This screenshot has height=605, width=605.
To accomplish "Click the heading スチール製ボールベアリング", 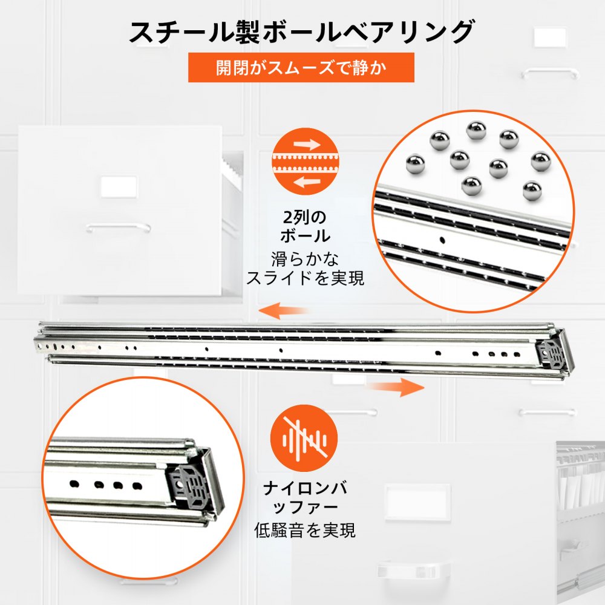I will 301,31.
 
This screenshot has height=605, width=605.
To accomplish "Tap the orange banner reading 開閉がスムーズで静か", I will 301,67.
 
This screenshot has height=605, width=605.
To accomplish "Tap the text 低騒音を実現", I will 305,531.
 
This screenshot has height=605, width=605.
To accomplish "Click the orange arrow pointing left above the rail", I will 284,312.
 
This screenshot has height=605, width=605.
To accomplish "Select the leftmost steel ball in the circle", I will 415,163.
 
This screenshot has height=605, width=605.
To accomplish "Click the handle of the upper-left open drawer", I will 118,228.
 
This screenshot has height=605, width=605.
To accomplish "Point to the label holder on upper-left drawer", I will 118,186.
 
